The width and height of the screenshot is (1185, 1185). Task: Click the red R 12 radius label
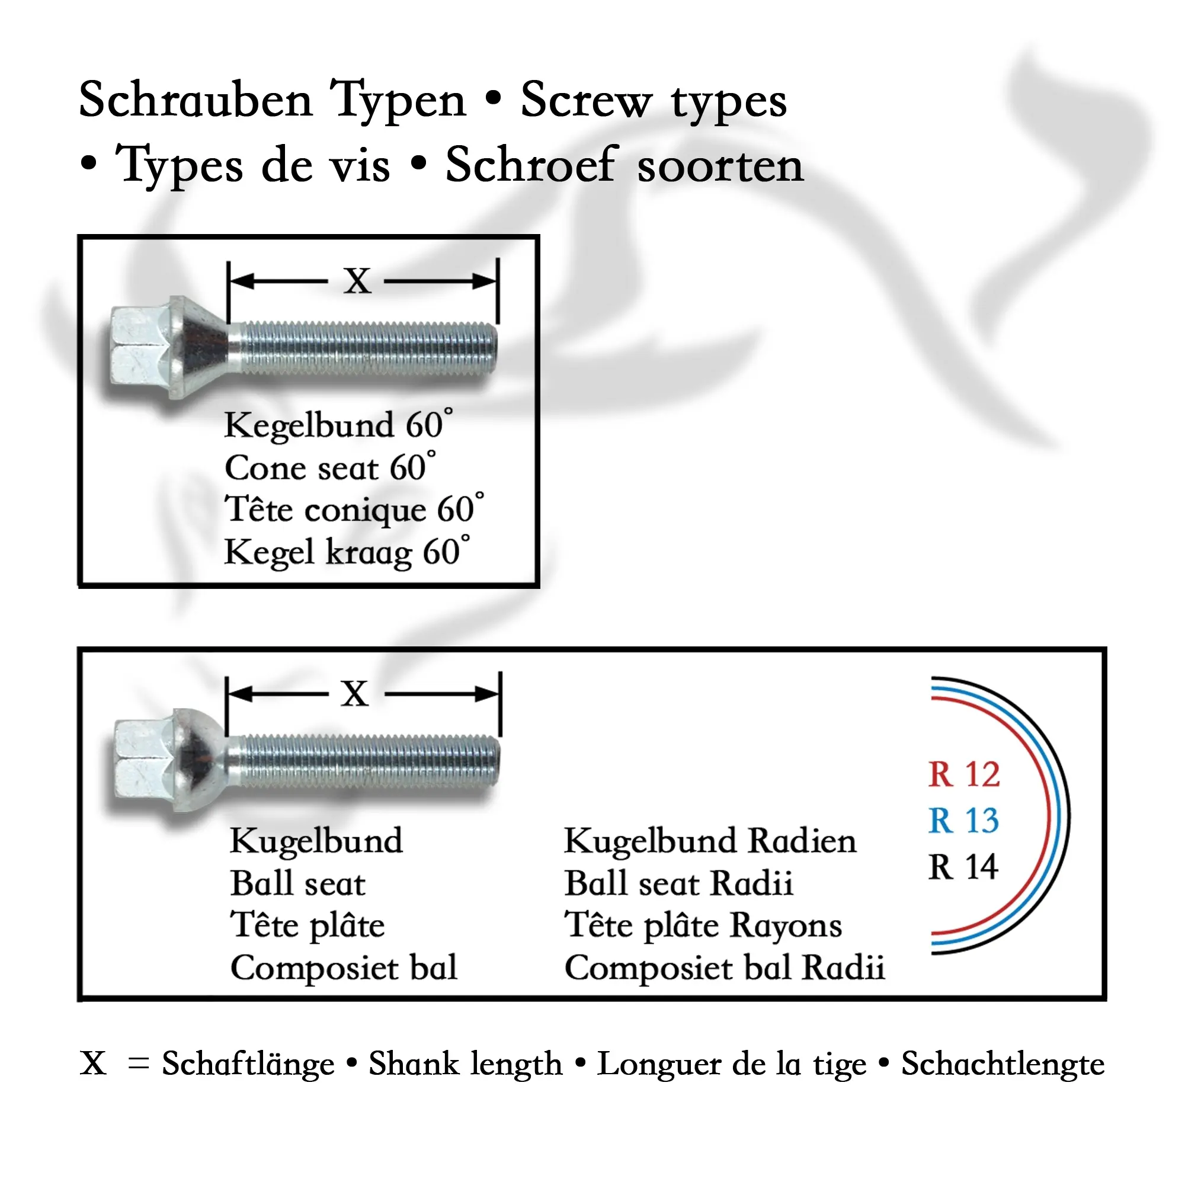(x=963, y=774)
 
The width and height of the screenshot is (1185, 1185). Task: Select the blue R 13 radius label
(x=963, y=821)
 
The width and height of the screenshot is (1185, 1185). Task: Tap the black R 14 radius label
(x=963, y=867)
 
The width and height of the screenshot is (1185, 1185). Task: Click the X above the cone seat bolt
(x=357, y=281)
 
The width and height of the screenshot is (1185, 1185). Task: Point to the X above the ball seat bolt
(x=355, y=694)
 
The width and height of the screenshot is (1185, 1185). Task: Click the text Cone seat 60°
(x=331, y=467)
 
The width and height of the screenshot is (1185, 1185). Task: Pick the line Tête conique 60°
(x=354, y=509)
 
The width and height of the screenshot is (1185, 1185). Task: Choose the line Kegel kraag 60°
(x=347, y=552)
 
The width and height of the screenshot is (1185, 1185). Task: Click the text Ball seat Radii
(x=678, y=883)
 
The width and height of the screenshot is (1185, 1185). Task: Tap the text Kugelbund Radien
(x=710, y=841)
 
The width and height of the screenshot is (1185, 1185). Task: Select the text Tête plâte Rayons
(x=703, y=925)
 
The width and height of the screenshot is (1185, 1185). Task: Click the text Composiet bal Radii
(x=725, y=968)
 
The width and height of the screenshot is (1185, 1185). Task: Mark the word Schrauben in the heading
(x=196, y=100)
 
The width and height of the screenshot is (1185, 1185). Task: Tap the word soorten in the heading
(x=720, y=166)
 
